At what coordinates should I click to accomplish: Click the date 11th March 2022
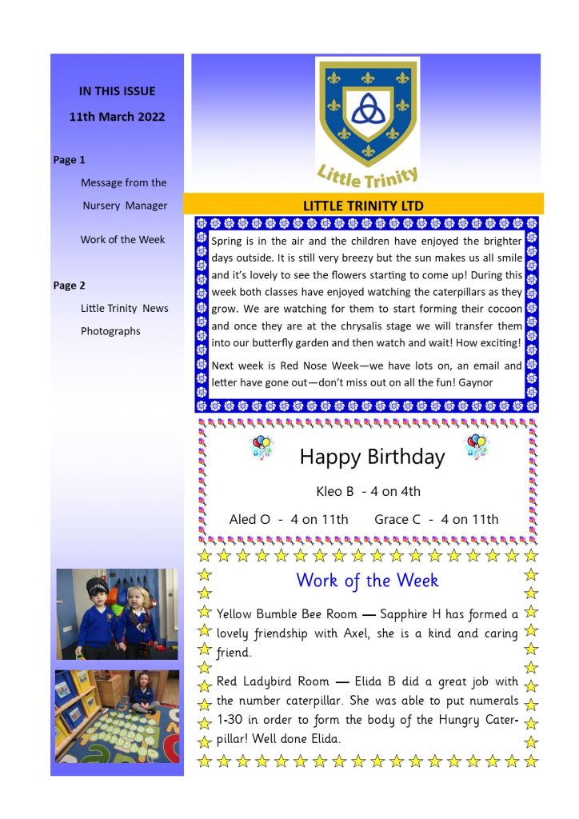[x=117, y=117]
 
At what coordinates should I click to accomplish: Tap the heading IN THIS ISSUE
[x=117, y=91]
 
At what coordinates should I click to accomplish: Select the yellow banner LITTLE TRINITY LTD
[x=363, y=206]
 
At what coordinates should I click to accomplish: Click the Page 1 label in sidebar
[x=70, y=160]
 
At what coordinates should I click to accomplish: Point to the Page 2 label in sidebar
[x=70, y=286]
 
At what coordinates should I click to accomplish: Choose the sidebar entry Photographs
[x=110, y=331]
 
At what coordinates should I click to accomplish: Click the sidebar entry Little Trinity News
[x=124, y=308]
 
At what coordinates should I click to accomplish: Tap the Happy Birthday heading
[x=372, y=457]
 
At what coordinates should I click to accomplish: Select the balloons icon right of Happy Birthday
[x=477, y=446]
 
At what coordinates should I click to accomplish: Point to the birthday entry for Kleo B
[x=368, y=491]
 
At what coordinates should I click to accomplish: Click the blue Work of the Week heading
[x=367, y=580]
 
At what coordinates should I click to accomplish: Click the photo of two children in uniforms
[x=117, y=613]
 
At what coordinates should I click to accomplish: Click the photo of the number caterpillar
[x=117, y=716]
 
